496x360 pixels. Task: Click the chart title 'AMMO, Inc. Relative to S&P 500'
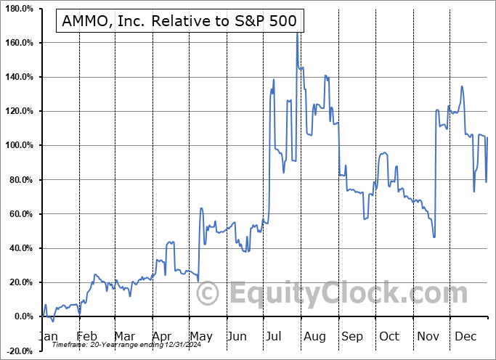click(179, 22)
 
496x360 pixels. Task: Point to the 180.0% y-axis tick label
click(19, 8)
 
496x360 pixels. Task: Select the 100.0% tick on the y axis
click(19, 145)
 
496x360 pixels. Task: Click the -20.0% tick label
click(19, 351)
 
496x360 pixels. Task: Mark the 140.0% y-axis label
click(19, 77)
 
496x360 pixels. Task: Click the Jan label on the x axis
click(48, 336)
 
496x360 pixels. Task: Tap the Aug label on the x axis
click(314, 336)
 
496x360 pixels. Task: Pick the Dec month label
click(466, 336)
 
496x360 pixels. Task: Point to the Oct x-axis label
click(390, 336)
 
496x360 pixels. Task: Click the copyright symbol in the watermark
click(208, 294)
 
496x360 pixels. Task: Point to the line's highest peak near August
click(296, 33)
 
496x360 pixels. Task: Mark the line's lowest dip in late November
click(434, 237)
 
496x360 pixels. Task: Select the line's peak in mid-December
click(462, 86)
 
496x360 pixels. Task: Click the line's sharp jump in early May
click(200, 210)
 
